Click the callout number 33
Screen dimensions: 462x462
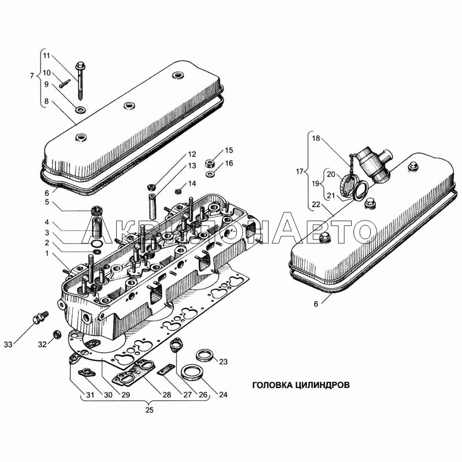click(x=8, y=344)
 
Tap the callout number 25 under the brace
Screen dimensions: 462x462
click(x=150, y=410)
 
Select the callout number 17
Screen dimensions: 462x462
click(x=300, y=172)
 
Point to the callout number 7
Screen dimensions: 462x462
click(x=32, y=76)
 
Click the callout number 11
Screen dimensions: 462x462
click(x=47, y=55)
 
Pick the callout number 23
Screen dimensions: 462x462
click(x=223, y=362)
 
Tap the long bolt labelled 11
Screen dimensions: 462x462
click(x=80, y=81)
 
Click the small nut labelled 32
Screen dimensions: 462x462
click(x=57, y=335)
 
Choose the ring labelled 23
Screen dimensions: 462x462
click(x=206, y=355)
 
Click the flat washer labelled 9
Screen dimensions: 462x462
click(x=81, y=110)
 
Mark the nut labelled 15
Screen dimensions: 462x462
click(x=210, y=163)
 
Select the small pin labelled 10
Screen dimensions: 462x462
click(x=65, y=84)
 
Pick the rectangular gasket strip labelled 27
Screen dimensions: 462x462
click(x=166, y=369)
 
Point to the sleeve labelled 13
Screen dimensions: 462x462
click(x=153, y=206)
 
